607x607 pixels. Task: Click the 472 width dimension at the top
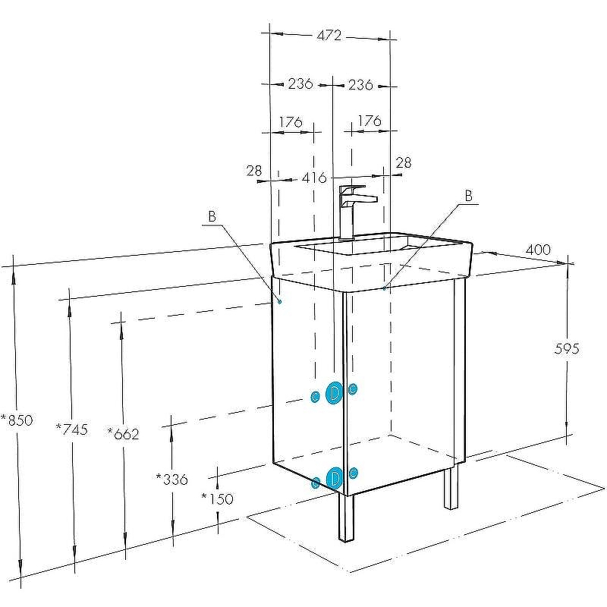pyautogui.click(x=329, y=36)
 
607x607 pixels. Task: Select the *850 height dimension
pyautogui.click(x=17, y=420)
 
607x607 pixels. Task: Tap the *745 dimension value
pyautogui.click(x=72, y=429)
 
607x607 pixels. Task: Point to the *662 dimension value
pyautogui.click(x=123, y=434)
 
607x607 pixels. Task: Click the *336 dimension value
pyautogui.click(x=172, y=480)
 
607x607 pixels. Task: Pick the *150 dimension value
pyautogui.click(x=218, y=498)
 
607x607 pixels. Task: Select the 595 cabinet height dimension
pyautogui.click(x=567, y=349)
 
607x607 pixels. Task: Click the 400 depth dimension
pyautogui.click(x=538, y=250)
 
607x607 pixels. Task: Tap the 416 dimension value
pyautogui.click(x=314, y=178)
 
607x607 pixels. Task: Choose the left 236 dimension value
pyautogui.click(x=300, y=83)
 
